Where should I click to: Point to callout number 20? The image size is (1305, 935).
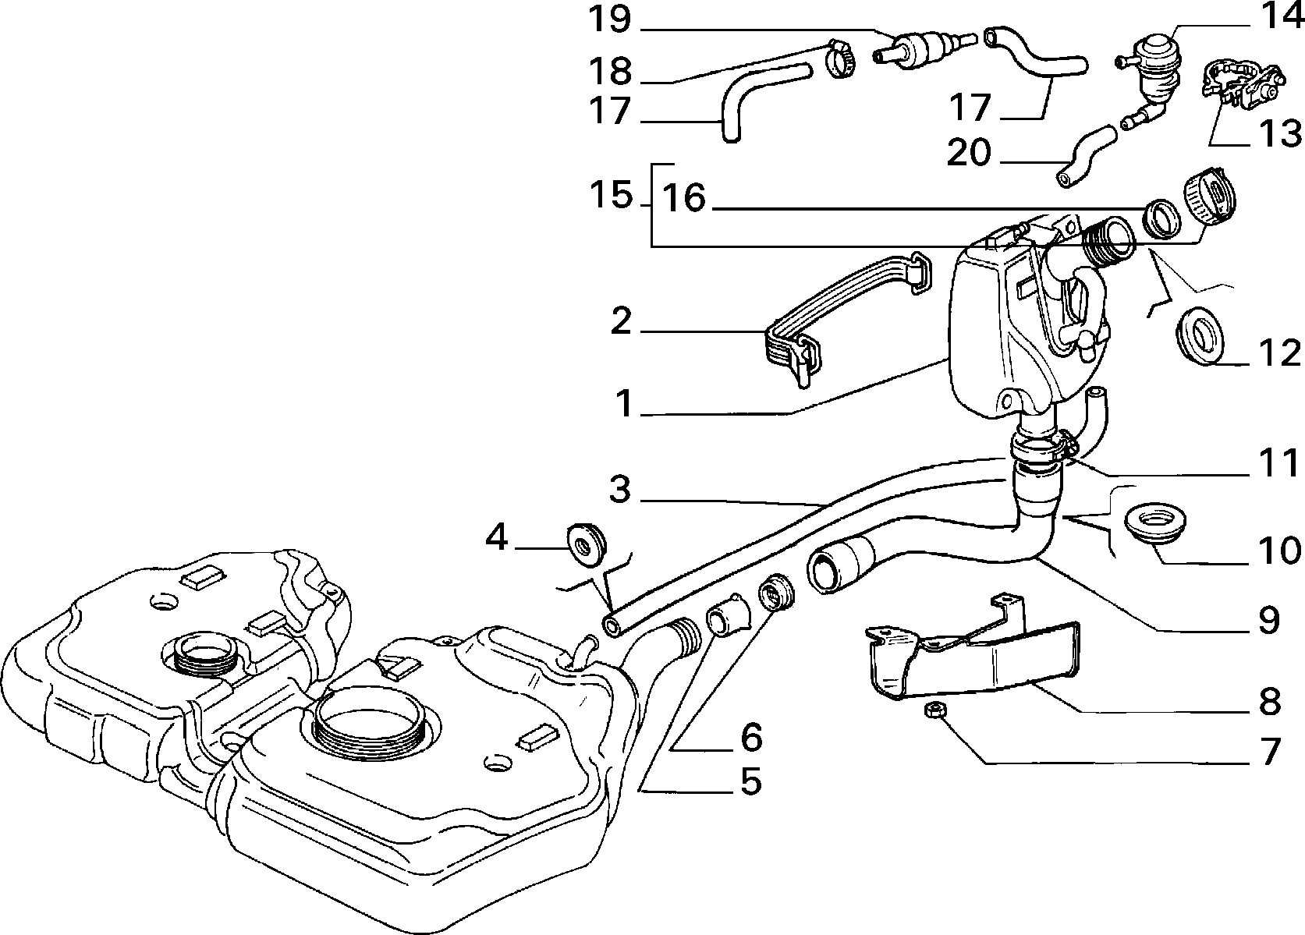coord(969,152)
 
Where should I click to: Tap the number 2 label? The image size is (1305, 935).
coord(621,321)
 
